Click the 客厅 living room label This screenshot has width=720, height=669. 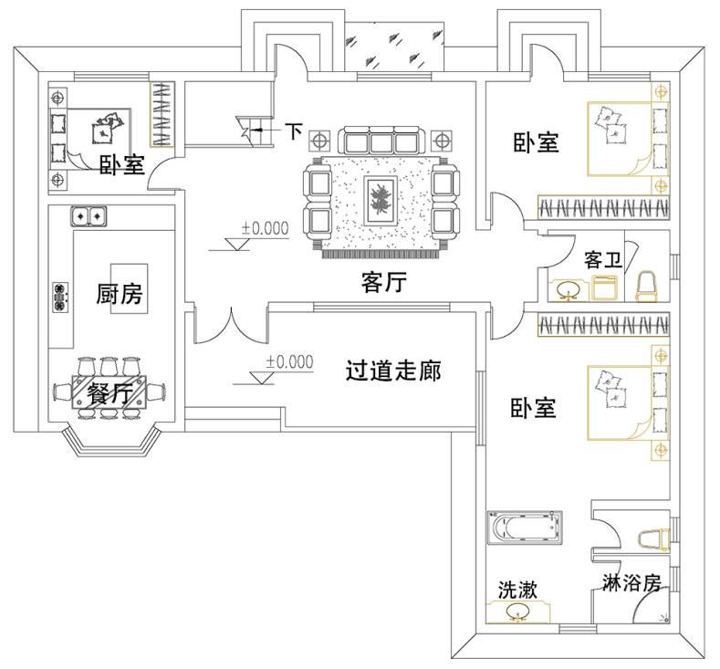[382, 283]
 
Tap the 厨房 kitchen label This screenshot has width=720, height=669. [120, 295]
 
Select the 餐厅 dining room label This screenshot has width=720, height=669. [111, 394]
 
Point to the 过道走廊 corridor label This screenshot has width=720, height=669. [393, 371]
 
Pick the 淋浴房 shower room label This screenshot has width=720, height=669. [631, 581]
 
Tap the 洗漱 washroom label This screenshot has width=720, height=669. [517, 591]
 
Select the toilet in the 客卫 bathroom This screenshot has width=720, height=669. [647, 286]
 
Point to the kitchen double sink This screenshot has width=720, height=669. [89, 216]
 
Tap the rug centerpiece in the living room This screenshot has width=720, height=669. [379, 197]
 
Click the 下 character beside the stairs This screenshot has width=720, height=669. [293, 131]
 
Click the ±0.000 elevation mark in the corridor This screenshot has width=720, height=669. [289, 362]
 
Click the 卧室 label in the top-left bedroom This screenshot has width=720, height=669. [121, 165]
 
